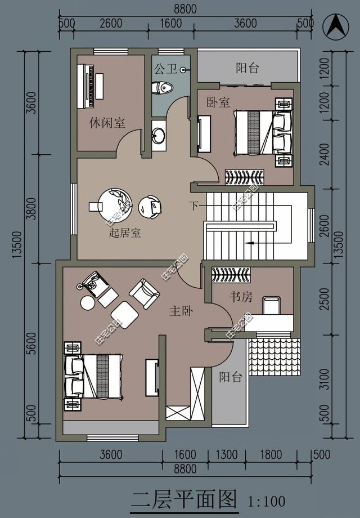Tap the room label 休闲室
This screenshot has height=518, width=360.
107,122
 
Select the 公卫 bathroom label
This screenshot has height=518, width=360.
166,70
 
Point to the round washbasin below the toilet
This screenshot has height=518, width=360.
159,136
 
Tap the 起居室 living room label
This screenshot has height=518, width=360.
124,233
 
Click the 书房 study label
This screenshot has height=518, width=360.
240,297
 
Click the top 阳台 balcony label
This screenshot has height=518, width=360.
247,69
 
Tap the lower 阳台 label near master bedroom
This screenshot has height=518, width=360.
231,377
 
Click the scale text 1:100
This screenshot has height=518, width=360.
267,500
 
